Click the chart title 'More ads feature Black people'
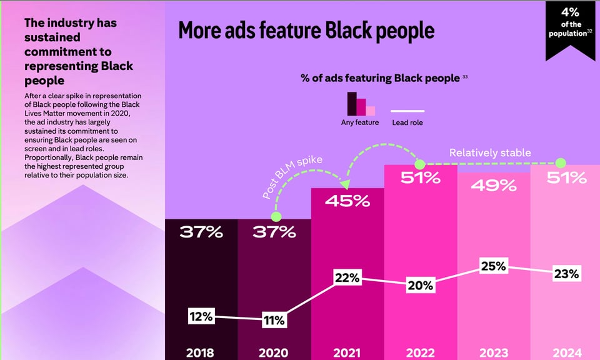click(306, 31)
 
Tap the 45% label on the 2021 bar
click(347, 202)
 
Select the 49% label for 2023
click(494, 185)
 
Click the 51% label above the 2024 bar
click(566, 178)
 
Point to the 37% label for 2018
click(201, 232)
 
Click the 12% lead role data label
click(201, 317)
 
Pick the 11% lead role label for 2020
click(273, 321)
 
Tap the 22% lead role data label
click(347, 278)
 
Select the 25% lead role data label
click(493, 266)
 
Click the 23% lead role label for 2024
click(566, 273)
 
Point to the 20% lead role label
click(420, 285)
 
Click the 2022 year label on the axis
click(420, 352)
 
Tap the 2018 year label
click(201, 352)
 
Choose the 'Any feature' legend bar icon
click(361, 104)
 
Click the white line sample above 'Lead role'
click(407, 110)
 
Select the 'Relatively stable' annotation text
click(490, 152)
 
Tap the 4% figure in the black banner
click(570, 13)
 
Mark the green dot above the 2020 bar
click(276, 216)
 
